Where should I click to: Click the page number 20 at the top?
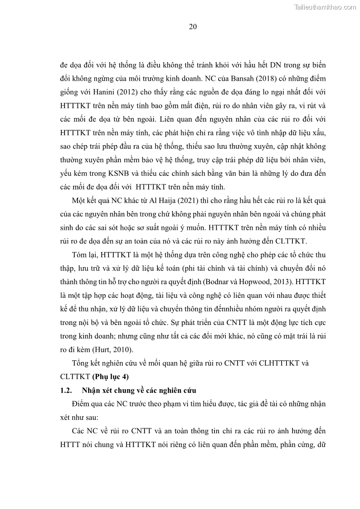pos(192,27)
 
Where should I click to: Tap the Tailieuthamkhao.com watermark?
pos(325,7)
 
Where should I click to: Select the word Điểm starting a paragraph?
pos(82,403)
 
